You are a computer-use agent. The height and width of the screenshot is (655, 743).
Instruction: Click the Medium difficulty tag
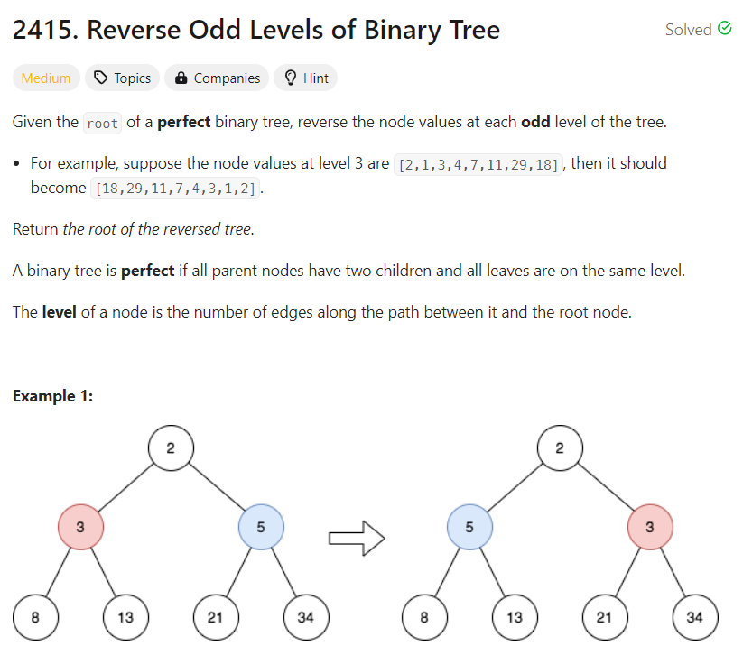pos(46,78)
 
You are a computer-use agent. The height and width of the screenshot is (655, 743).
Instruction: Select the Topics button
pos(123,78)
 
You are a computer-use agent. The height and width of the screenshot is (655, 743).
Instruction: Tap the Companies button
pos(218,78)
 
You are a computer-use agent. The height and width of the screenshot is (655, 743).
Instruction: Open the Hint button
pos(306,78)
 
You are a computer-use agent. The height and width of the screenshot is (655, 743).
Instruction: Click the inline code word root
pos(102,124)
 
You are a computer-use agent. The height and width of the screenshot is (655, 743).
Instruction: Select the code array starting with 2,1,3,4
pos(477,164)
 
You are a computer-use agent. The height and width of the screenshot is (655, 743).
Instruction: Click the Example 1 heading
pos(53,396)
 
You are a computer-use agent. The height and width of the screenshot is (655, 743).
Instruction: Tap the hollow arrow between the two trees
pos(356,540)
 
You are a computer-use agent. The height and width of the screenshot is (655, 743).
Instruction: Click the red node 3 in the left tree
pos(80,529)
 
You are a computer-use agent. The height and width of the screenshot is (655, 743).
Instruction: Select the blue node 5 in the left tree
pos(261,529)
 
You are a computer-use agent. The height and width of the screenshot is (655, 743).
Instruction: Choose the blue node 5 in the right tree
pos(470,529)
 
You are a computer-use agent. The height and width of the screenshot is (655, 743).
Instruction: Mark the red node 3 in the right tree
pos(650,529)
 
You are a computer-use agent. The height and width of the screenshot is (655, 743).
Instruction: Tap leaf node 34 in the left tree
pos(306,618)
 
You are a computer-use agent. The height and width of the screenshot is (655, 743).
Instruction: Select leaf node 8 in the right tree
pos(424,618)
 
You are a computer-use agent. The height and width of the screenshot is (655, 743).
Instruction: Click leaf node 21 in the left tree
pos(216,618)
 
